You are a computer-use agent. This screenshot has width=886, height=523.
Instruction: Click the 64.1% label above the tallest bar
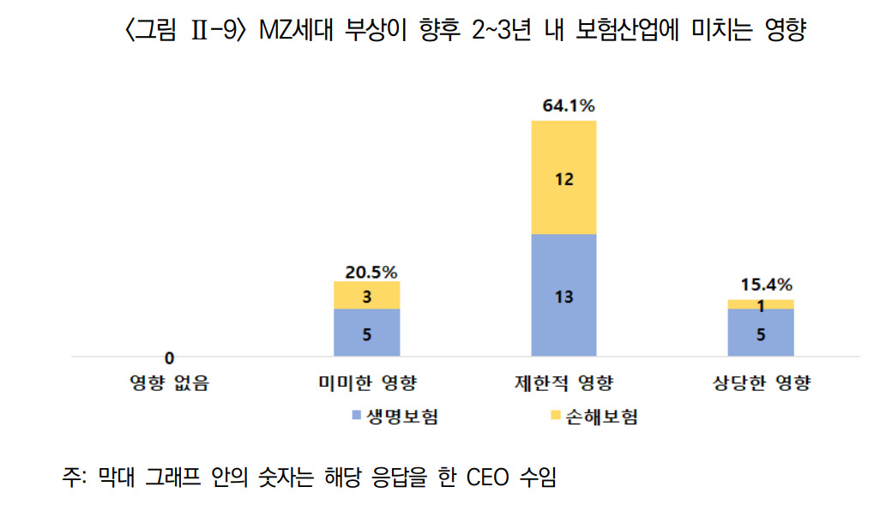569,105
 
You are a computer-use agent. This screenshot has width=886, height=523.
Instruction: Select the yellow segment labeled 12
564,177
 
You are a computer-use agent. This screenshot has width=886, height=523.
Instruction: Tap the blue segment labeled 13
564,295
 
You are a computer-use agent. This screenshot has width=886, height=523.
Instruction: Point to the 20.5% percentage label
371,273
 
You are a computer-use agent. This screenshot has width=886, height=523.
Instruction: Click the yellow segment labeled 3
367,295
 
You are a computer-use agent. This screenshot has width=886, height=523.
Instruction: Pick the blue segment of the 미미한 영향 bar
367,332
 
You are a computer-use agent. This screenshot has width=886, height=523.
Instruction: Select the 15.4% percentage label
766,285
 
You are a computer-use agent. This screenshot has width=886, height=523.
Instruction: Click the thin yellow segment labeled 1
761,304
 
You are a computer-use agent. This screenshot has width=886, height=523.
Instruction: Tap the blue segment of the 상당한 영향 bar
761,332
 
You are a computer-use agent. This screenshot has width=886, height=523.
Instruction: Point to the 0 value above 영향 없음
169,358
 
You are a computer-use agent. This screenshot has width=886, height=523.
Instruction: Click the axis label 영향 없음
170,383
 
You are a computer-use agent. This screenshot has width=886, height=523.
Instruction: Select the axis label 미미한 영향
367,383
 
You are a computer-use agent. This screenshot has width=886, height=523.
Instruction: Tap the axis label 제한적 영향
564,383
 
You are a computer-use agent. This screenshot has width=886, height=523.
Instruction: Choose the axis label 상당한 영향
761,383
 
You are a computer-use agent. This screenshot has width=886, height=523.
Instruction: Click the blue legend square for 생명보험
357,416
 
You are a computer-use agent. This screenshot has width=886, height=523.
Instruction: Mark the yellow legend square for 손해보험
556,416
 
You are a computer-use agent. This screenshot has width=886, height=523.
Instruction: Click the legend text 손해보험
601,417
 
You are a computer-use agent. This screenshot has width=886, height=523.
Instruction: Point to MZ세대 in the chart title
296,30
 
